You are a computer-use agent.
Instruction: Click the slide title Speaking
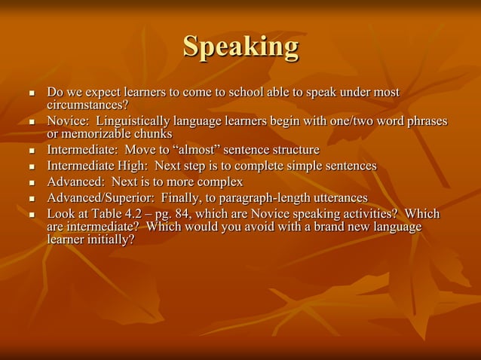click(240, 47)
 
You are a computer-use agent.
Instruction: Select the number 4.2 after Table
click(145, 215)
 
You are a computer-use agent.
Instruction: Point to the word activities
click(370, 215)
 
